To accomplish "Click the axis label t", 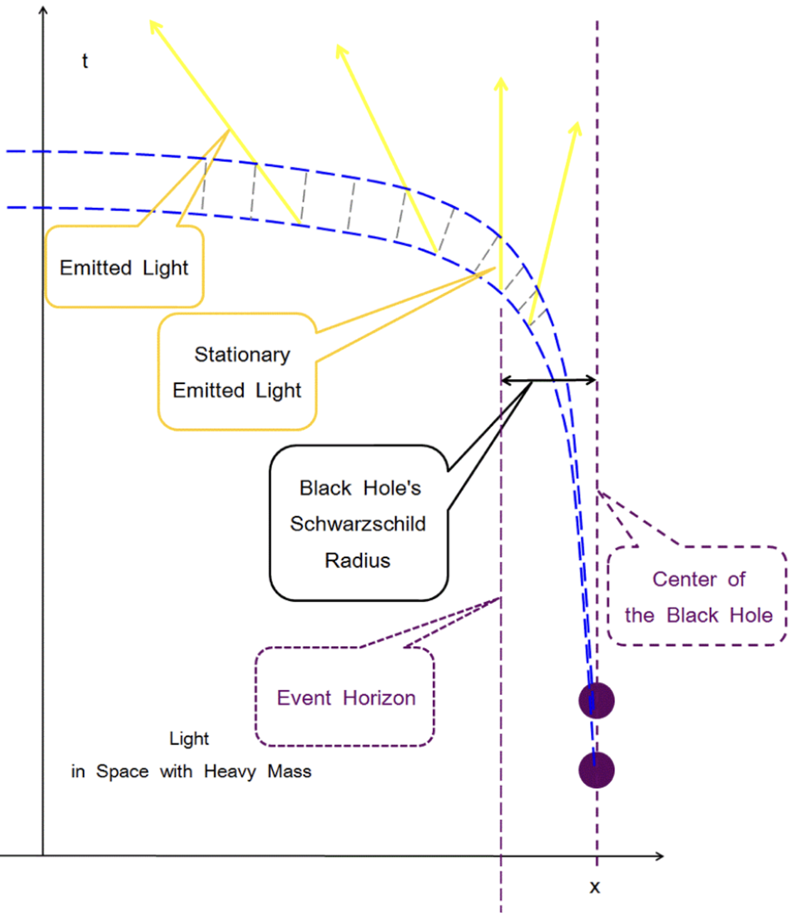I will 85,61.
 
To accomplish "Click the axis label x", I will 594,887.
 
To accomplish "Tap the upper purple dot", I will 596,700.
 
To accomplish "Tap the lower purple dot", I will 596,770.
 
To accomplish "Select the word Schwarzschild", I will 358,523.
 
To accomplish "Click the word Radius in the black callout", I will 358,560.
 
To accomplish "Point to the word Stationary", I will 242,354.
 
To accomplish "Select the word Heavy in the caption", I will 229,771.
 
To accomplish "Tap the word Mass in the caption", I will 289,771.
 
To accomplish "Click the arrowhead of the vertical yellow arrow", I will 501,83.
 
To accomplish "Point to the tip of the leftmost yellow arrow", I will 153,24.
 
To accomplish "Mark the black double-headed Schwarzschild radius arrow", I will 548,380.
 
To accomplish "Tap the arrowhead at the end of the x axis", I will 659,856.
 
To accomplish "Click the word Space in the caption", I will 122,771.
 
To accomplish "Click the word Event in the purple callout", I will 304,698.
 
